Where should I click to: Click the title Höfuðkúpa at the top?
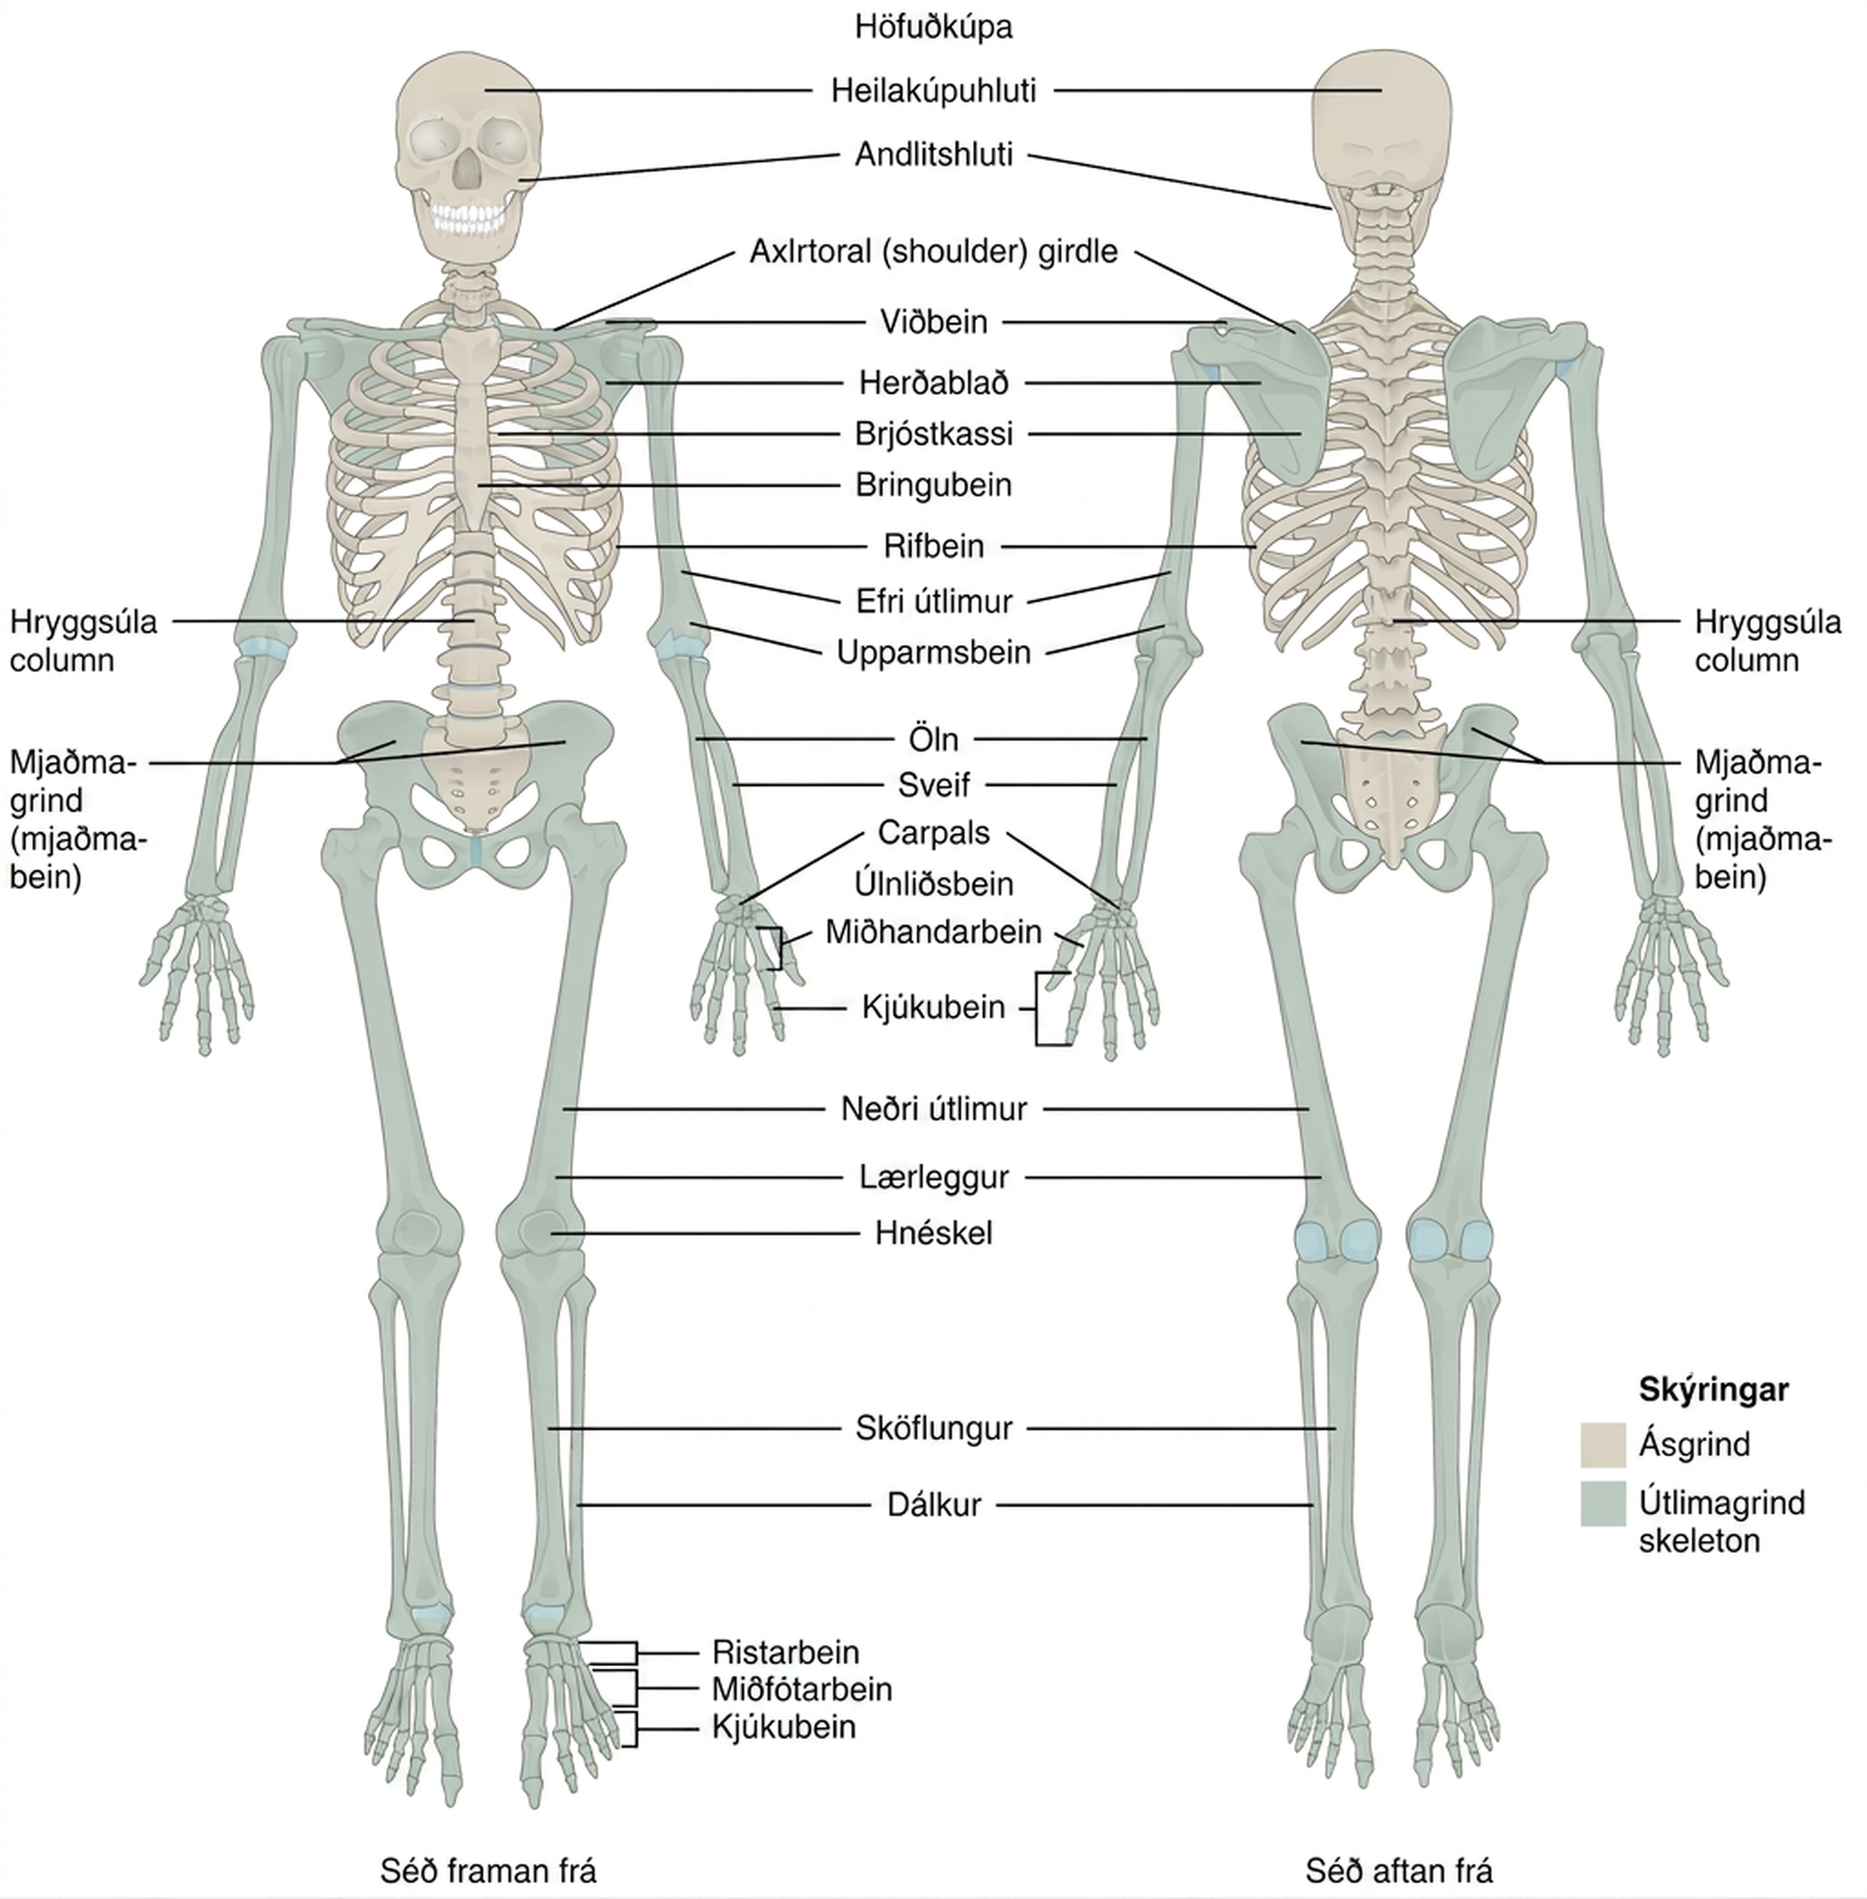(x=933, y=27)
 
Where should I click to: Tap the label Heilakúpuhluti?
(x=933, y=92)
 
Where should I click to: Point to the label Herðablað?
(x=933, y=383)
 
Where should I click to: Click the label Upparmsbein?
(x=933, y=653)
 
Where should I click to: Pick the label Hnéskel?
(x=933, y=1233)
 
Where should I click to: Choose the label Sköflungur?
(x=933, y=1429)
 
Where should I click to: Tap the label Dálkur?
(x=933, y=1505)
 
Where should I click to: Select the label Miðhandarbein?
(x=933, y=932)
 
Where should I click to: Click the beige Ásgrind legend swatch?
(x=1603, y=1445)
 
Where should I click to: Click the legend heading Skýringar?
(x=1714, y=1390)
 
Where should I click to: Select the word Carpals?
(x=933, y=833)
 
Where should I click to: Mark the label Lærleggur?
(x=933, y=1177)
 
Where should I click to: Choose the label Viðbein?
(x=933, y=323)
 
